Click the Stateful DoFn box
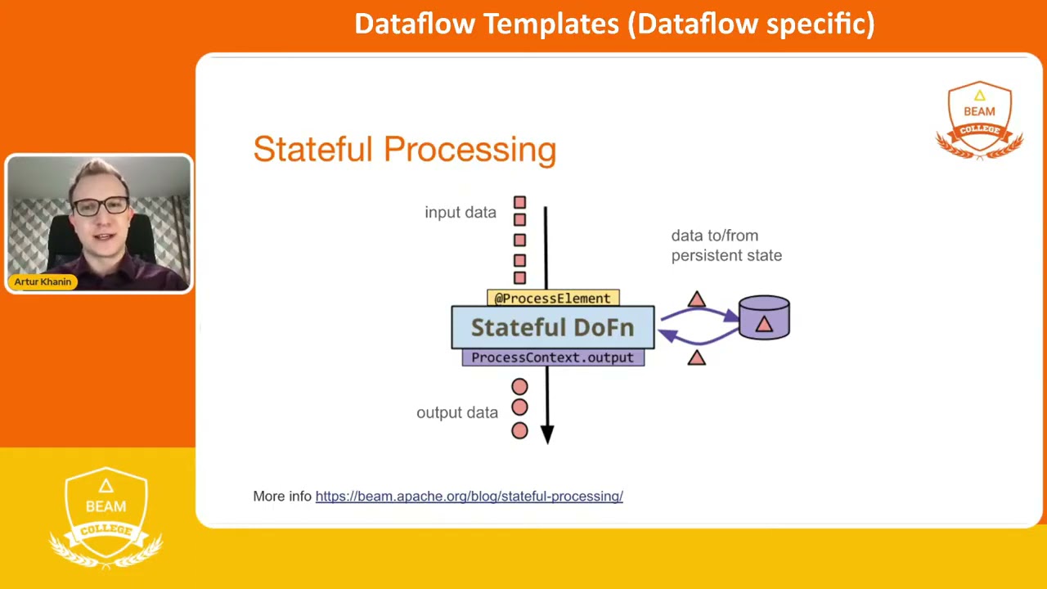coord(552,327)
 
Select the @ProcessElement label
coord(552,298)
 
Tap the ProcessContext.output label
coord(552,357)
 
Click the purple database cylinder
coord(764,317)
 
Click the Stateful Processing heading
coord(404,150)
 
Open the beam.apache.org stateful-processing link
coord(469,496)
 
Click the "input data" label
coord(460,213)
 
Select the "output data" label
coord(456,412)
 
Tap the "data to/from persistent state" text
coord(726,245)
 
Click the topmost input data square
coord(519,202)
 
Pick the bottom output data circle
coord(519,430)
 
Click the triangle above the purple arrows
coord(696,300)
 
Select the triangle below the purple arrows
coord(696,357)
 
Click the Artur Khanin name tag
coord(43,281)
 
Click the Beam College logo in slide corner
coord(979,119)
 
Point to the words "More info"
coord(281,496)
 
